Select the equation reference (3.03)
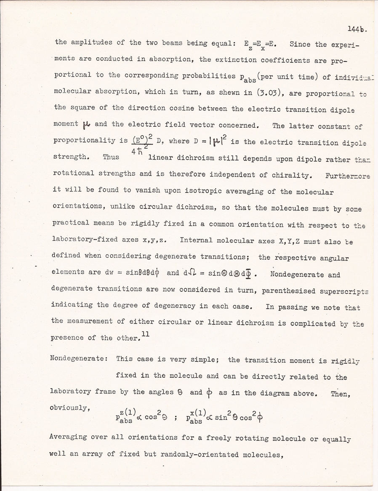pyautogui.click(x=228, y=92)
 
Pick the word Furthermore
pyautogui.click(x=346, y=174)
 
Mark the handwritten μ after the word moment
pyautogui.click(x=87, y=124)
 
